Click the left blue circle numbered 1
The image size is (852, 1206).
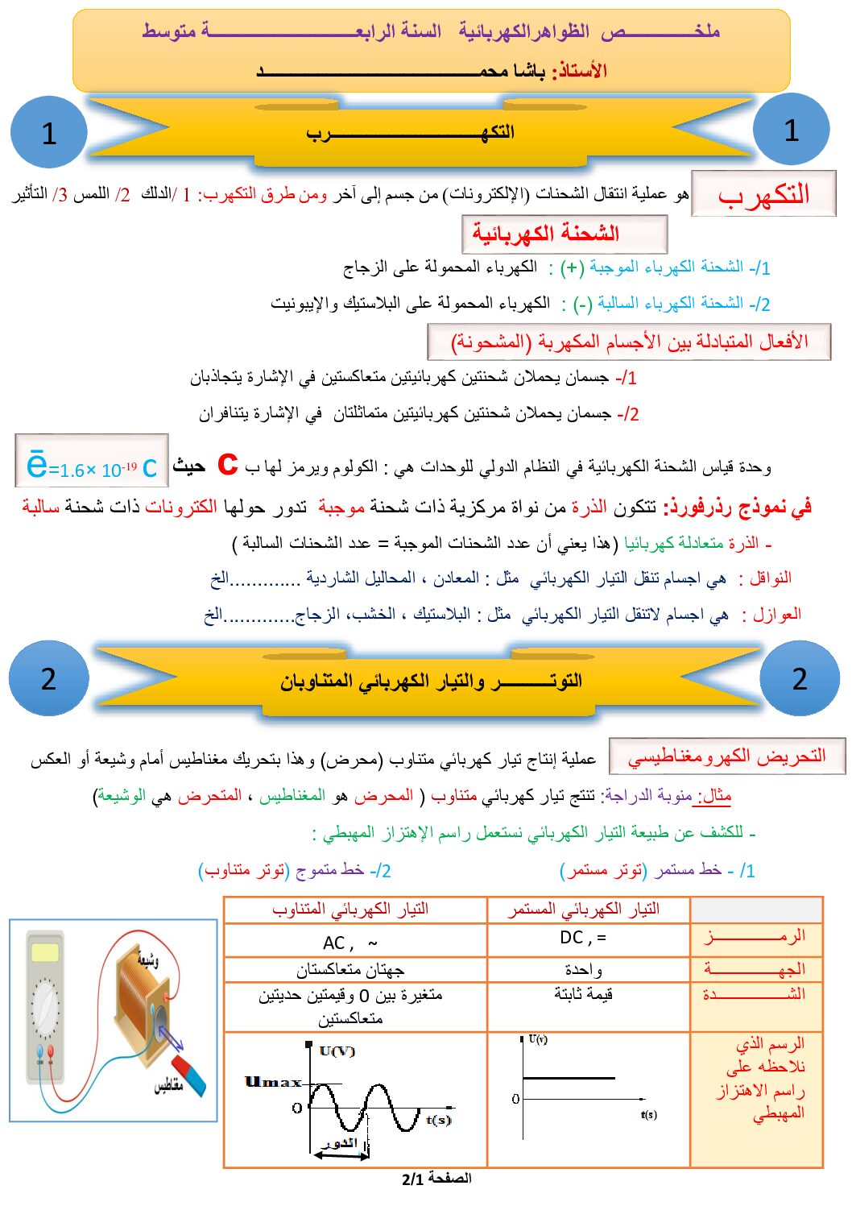48,132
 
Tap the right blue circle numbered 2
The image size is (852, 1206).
799,679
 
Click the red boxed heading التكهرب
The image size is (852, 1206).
763,194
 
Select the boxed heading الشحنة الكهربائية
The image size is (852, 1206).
564,234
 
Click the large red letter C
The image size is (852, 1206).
228,464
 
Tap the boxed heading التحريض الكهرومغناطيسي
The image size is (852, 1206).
726,756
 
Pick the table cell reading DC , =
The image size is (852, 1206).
583,938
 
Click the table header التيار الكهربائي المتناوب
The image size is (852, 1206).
350,910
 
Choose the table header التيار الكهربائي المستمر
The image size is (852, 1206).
583,910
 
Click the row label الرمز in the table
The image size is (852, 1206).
755,937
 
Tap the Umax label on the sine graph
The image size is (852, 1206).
273,1082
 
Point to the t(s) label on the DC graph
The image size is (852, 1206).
648,1114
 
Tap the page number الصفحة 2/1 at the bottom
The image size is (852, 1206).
436,1179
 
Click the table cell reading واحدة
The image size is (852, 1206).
583,969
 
